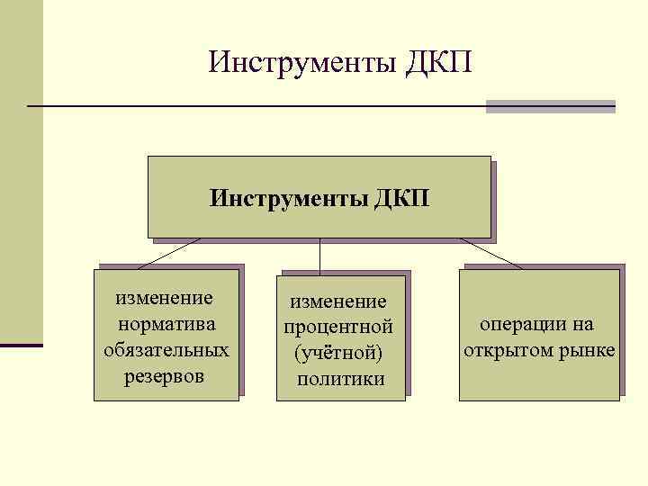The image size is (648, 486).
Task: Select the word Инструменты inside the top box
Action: pos(285,196)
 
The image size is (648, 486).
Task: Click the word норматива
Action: pos(166,322)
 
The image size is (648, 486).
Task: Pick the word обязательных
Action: pos(166,348)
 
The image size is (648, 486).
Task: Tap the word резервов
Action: pos(166,374)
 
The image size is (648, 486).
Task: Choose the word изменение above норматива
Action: pos(166,297)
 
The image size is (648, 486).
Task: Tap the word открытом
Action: pos(513,349)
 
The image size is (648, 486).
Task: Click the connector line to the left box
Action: pos(169,253)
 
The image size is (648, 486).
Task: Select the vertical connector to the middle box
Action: pos(320,256)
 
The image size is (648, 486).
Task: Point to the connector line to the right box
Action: pos(491,254)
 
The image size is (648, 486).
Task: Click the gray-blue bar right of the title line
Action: pos(550,106)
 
